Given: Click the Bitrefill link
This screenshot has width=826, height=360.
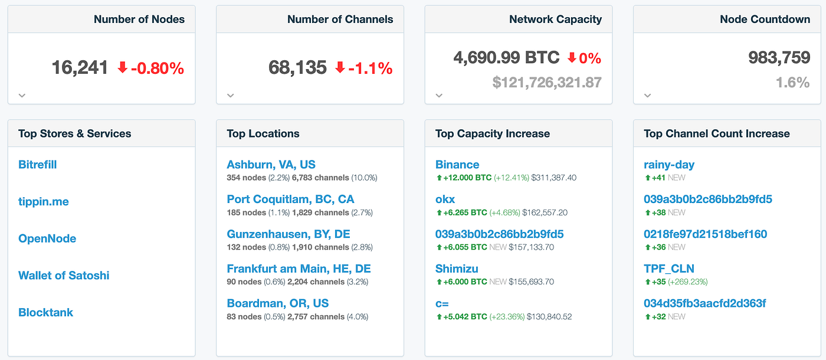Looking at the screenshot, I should pyautogui.click(x=38, y=165).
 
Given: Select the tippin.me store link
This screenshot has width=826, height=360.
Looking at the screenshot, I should pyautogui.click(x=44, y=202).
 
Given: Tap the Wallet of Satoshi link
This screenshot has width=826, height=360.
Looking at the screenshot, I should pyautogui.click(x=64, y=276).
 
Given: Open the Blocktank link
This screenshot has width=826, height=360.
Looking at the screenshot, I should pyautogui.click(x=46, y=313).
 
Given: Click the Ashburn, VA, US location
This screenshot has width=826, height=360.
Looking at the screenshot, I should pyautogui.click(x=271, y=165).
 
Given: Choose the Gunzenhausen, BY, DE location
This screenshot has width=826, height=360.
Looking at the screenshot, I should pyautogui.click(x=289, y=234).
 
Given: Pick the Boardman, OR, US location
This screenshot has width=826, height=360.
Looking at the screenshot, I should pyautogui.click(x=277, y=303).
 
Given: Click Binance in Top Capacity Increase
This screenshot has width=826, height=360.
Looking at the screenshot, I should pyautogui.click(x=457, y=165).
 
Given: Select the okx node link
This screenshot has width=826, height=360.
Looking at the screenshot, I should pyautogui.click(x=445, y=199).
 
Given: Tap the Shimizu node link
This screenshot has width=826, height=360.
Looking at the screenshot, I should pyautogui.click(x=457, y=269).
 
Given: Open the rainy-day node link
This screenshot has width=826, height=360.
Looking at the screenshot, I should pyautogui.click(x=669, y=165).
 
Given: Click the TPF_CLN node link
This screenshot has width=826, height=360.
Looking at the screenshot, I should pyautogui.click(x=669, y=269).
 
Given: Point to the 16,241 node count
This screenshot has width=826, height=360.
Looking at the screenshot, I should pyautogui.click(x=80, y=68).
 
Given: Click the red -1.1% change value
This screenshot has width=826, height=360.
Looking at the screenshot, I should pyautogui.click(x=371, y=68).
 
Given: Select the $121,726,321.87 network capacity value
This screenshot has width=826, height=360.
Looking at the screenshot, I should pyautogui.click(x=547, y=83).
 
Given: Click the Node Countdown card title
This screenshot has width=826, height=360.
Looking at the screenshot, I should pyautogui.click(x=765, y=19).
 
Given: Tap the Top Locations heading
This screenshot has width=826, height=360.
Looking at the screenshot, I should pyautogui.click(x=263, y=134).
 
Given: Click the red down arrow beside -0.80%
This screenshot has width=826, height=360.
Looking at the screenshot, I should pyautogui.click(x=123, y=68).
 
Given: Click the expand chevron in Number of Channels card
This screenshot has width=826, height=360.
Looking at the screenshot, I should pyautogui.click(x=231, y=96).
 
